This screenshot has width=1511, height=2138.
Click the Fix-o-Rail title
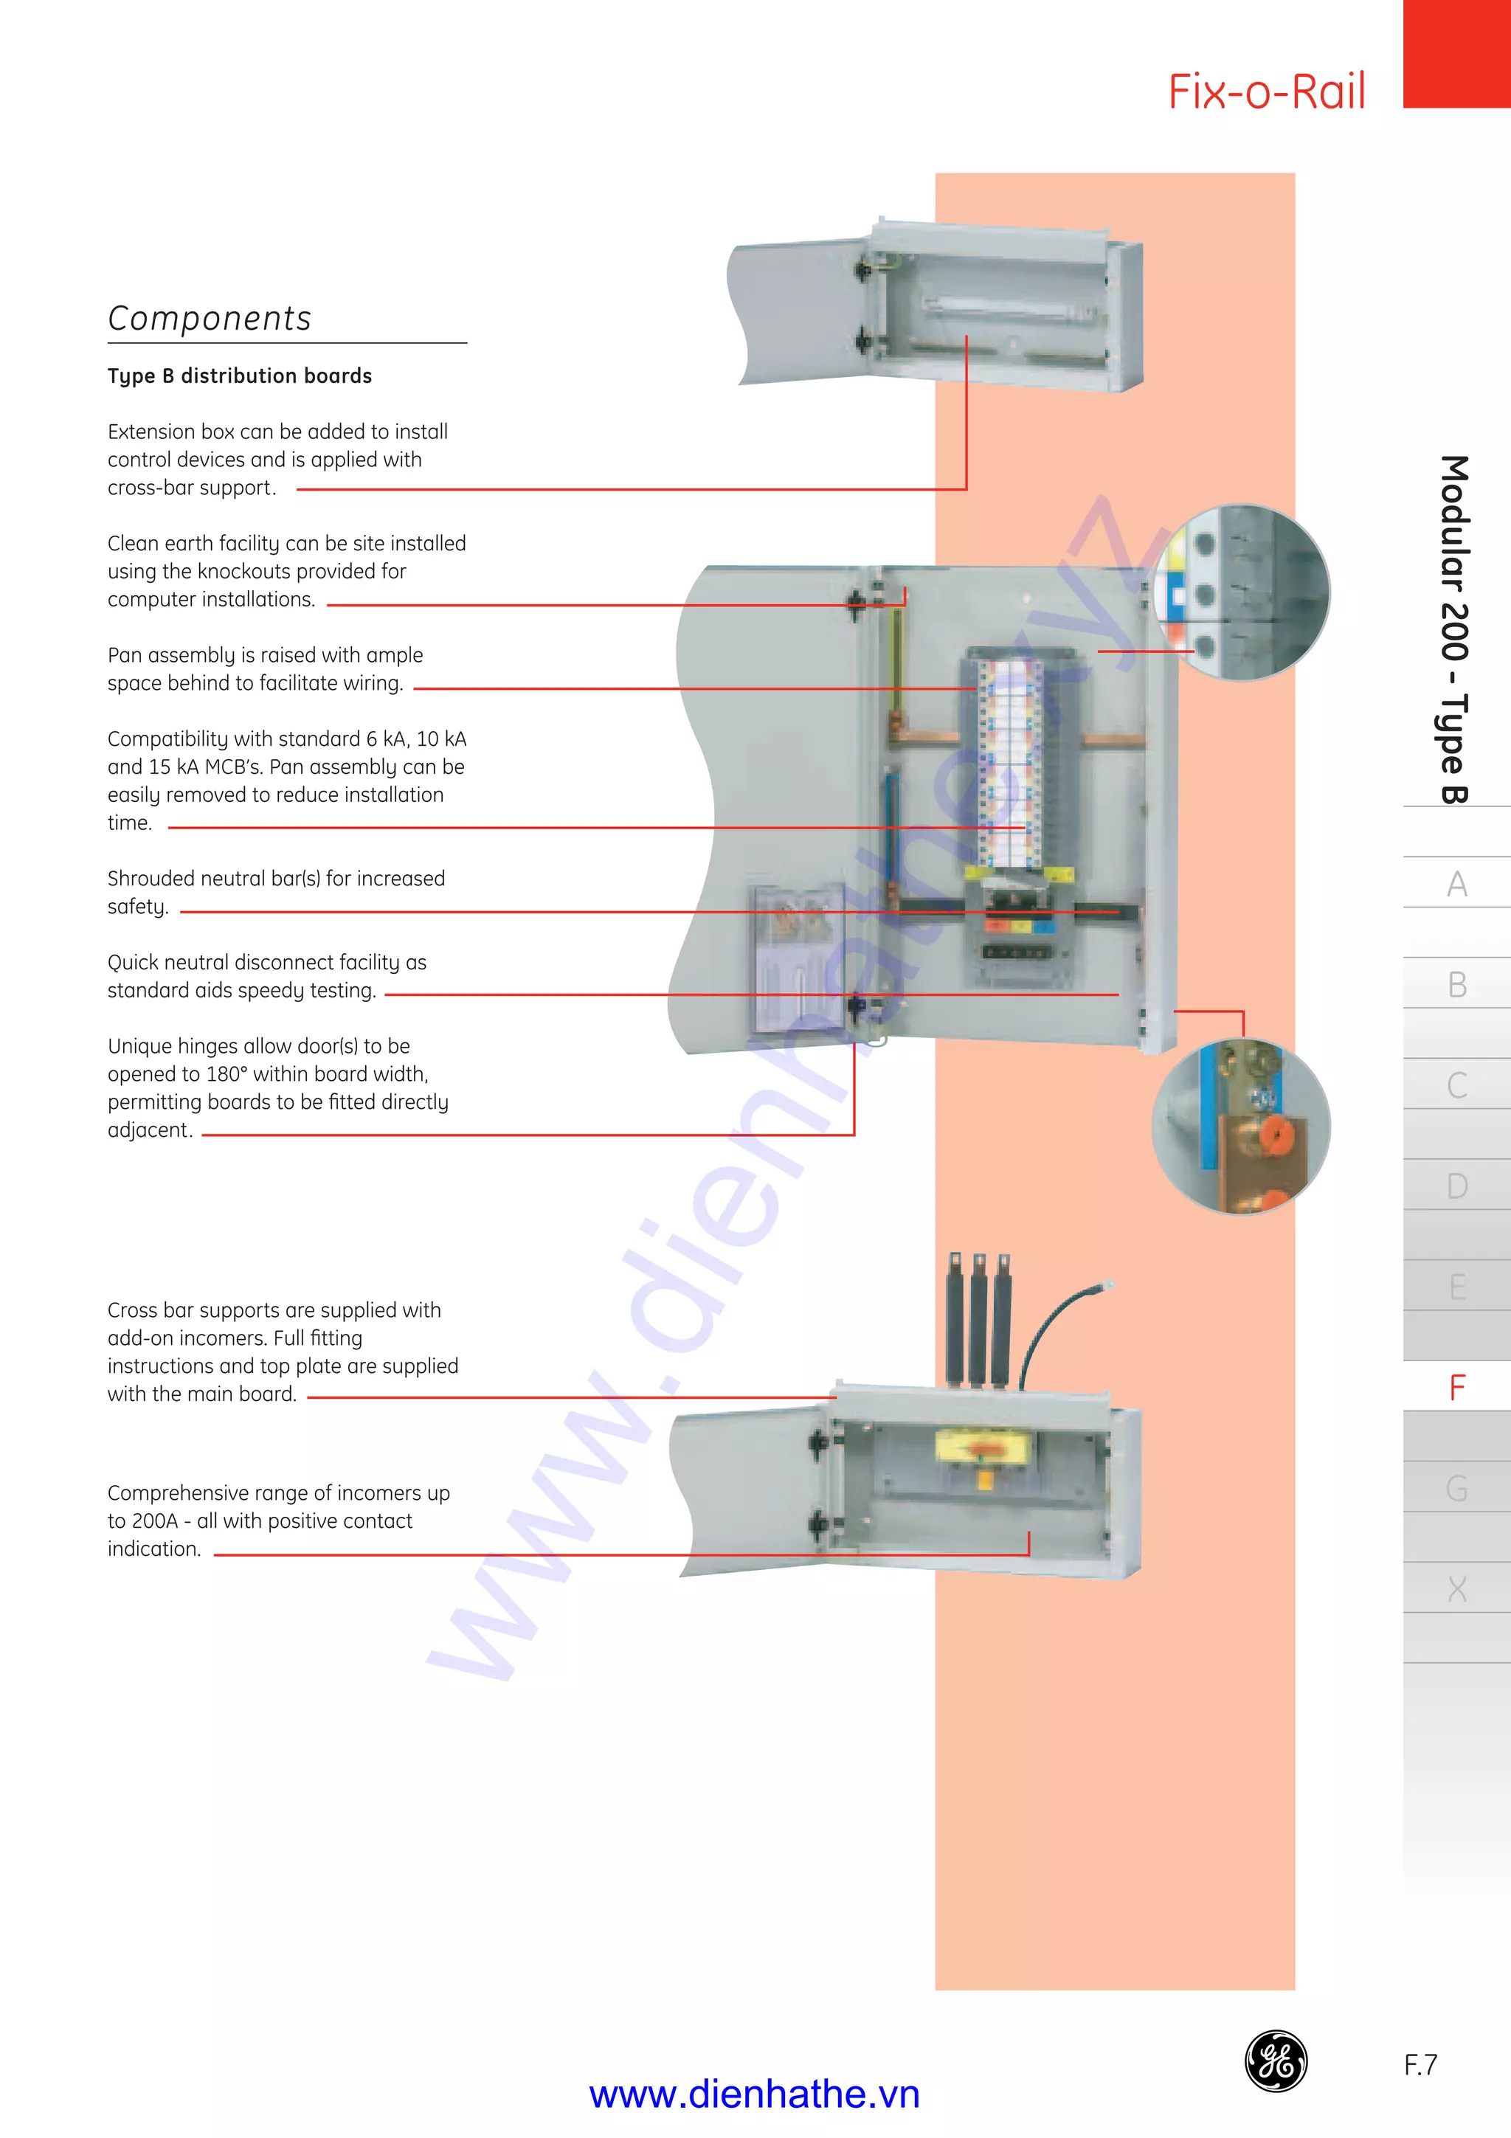click(x=1266, y=92)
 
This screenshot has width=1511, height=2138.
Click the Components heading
click(x=210, y=319)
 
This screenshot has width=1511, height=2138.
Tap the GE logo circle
click(x=1276, y=2061)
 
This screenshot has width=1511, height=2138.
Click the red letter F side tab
click(x=1457, y=1388)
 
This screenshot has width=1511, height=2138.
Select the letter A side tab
click(x=1457, y=883)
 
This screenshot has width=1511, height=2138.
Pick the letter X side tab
click(x=1457, y=1588)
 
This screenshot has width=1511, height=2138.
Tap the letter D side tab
click(x=1457, y=1186)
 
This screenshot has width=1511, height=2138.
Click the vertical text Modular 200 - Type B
click(x=1454, y=629)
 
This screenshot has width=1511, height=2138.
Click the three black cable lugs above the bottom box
click(x=978, y=1318)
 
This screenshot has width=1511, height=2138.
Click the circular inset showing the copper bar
click(x=1241, y=1127)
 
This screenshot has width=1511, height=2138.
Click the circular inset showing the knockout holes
click(x=1241, y=593)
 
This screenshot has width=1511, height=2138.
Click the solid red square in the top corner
click(x=1456, y=53)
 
